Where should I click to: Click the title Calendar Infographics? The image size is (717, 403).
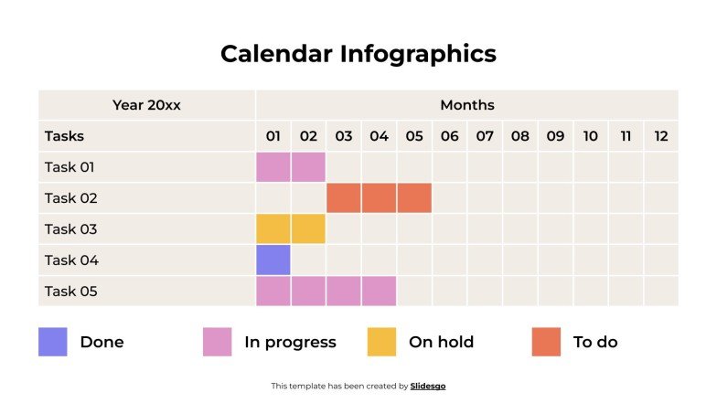coord(358,54)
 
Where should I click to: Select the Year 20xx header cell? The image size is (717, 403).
coord(146,105)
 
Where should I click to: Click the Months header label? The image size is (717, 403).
coord(466,105)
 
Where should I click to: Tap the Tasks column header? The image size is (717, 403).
coord(64,136)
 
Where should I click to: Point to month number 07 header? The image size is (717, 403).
coord(485,136)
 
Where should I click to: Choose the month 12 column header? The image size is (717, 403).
coord(661,136)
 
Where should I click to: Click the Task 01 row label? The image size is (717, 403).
coord(70,167)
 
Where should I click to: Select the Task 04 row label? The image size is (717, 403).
coord(70,260)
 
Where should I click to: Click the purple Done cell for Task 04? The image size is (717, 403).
coord(273,260)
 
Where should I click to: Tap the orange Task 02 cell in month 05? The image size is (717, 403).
coord(414,198)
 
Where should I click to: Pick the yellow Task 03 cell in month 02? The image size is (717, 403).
coord(308,229)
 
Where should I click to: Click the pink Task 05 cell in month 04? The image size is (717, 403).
coord(379,292)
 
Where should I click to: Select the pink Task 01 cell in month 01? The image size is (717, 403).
coord(273,167)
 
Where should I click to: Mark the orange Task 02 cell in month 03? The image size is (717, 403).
coord(344,198)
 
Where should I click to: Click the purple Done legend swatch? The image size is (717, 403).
coord(53,342)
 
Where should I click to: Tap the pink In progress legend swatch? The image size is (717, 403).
coord(218,342)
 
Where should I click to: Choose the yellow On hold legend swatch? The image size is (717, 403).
coord(381,342)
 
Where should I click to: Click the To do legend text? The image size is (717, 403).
coord(595,343)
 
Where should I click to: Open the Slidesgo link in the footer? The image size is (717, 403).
coord(428,387)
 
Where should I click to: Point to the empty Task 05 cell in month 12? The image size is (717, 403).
coord(661,292)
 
